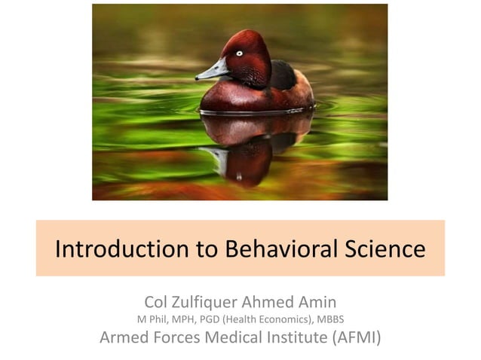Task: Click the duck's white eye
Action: point(240,53)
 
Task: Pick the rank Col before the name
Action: point(157,302)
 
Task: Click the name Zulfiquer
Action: point(208,302)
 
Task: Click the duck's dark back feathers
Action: point(283,75)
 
